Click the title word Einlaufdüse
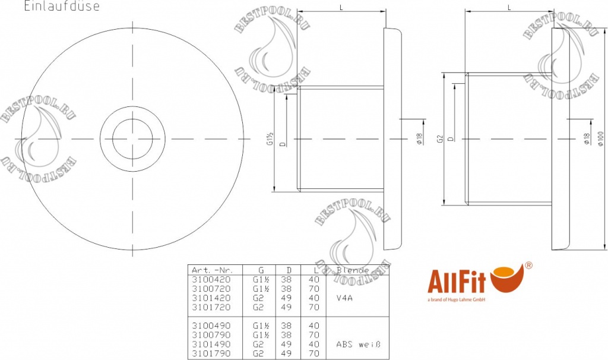pyautogui.click(x=61, y=7)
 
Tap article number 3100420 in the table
pyautogui.click(x=208, y=279)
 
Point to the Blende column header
pyautogui.click(x=353, y=270)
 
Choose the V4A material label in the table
pyautogui.click(x=344, y=298)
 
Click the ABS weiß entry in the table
pyautogui.click(x=357, y=344)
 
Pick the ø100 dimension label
pyautogui.click(x=601, y=138)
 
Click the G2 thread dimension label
pyautogui.click(x=440, y=139)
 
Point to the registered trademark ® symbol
pyautogui.click(x=528, y=266)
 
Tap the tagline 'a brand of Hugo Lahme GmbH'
pyautogui.click(x=457, y=300)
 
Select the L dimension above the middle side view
pyautogui.click(x=341, y=8)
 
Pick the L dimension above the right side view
pyautogui.click(x=509, y=8)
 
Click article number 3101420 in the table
pyautogui.click(x=208, y=298)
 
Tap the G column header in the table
pyautogui.click(x=261, y=270)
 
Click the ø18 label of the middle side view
pyautogui.click(x=419, y=139)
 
